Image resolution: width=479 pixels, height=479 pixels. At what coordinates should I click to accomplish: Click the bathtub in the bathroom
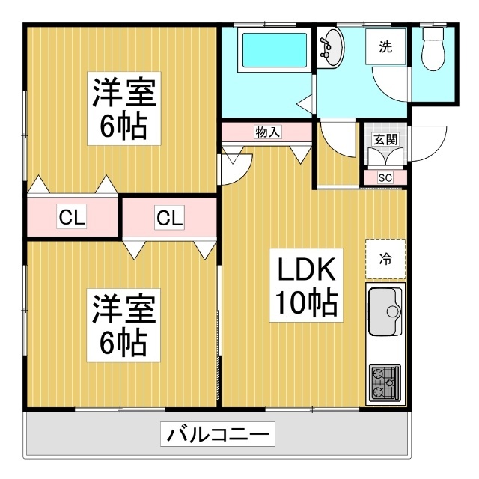[x=274, y=50]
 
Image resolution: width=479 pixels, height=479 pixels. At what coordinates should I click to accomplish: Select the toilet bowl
[x=433, y=49]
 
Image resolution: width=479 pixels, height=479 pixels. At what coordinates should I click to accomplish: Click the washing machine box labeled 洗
[x=385, y=46]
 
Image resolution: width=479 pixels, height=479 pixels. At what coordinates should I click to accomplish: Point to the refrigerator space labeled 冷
[x=385, y=259]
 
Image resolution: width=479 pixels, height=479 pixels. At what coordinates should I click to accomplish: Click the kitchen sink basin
[x=385, y=311]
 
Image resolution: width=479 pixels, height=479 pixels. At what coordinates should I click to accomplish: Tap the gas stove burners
[x=385, y=383]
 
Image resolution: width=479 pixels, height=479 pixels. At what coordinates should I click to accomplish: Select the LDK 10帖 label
[x=306, y=285]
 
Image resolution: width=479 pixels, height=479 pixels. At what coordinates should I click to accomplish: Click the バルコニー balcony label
[x=218, y=434]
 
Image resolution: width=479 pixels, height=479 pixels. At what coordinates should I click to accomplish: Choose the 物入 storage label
[x=267, y=132]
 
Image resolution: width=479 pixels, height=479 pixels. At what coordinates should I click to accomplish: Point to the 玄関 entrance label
[x=385, y=139]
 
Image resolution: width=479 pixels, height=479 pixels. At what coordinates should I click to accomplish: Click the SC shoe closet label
[x=385, y=177]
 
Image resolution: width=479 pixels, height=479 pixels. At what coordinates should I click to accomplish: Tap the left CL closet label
[x=72, y=217]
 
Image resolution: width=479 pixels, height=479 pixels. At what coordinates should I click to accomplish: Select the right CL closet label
[x=170, y=218]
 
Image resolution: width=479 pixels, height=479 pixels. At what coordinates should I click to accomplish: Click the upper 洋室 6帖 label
[x=124, y=109]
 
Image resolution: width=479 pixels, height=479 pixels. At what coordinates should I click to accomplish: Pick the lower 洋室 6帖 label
[x=123, y=326]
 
